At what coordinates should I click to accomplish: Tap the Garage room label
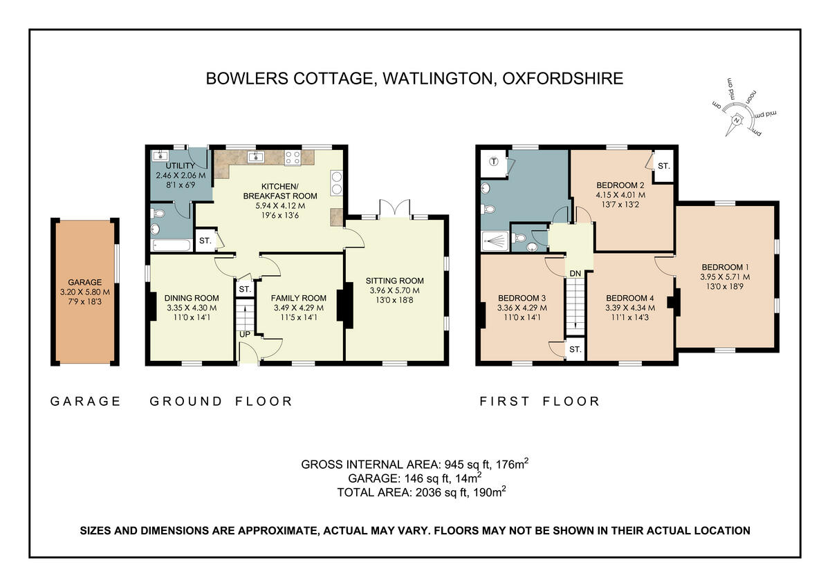click(84, 282)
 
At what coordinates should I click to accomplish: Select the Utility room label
click(170, 166)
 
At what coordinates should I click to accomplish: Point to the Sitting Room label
click(395, 281)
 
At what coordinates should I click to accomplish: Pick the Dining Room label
click(192, 298)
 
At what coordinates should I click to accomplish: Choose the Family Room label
click(299, 298)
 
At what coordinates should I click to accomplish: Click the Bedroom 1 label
click(725, 267)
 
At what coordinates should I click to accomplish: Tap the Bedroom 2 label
click(620, 185)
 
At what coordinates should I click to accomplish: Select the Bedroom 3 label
click(522, 298)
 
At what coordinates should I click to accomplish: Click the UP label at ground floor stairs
click(245, 334)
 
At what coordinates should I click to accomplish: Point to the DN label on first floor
click(575, 273)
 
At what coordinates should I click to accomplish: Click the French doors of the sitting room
click(395, 208)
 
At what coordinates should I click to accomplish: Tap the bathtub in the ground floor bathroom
click(170, 244)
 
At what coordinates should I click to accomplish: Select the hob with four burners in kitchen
click(293, 157)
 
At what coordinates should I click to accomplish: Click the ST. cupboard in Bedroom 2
click(663, 166)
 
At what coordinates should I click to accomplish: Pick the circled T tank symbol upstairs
click(494, 162)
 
